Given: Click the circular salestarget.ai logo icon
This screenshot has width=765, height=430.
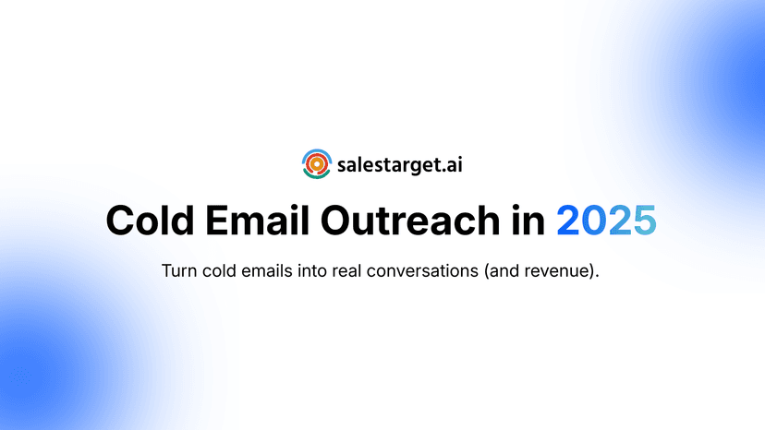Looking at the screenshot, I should (x=316, y=164).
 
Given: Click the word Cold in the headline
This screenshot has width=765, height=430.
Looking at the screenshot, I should (x=152, y=221).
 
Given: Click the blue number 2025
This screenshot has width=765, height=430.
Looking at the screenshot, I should (x=606, y=221).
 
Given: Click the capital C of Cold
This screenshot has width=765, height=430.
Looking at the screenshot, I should (x=122, y=221).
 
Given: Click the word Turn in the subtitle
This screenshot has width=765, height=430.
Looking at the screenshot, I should (x=178, y=272).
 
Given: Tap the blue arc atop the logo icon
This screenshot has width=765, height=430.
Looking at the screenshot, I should (x=316, y=151).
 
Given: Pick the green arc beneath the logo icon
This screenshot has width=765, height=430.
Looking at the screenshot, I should (x=316, y=177).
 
